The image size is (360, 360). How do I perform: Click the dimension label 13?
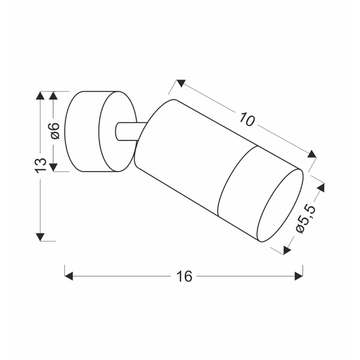[x=40, y=166]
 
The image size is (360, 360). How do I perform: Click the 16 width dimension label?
[x=184, y=276]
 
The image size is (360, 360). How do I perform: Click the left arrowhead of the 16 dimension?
[x=68, y=276]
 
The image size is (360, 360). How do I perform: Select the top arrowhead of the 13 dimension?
[x=40, y=96]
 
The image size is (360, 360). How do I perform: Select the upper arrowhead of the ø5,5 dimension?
[x=325, y=187]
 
